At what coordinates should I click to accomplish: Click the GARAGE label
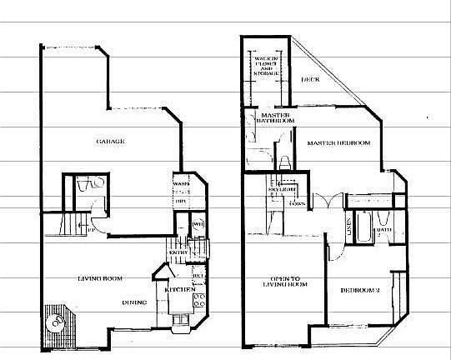point(110,142)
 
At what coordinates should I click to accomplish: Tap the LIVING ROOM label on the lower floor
point(101,279)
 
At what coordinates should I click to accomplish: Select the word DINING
point(135,302)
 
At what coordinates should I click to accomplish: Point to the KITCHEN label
point(179,289)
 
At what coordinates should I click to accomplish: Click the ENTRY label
point(176,252)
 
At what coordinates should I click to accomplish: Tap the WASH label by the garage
point(180,183)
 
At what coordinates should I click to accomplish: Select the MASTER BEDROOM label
point(338,143)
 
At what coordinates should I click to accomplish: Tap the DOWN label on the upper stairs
point(294,204)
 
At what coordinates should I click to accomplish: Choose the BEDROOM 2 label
point(360,290)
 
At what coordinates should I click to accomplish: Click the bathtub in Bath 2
point(363,228)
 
